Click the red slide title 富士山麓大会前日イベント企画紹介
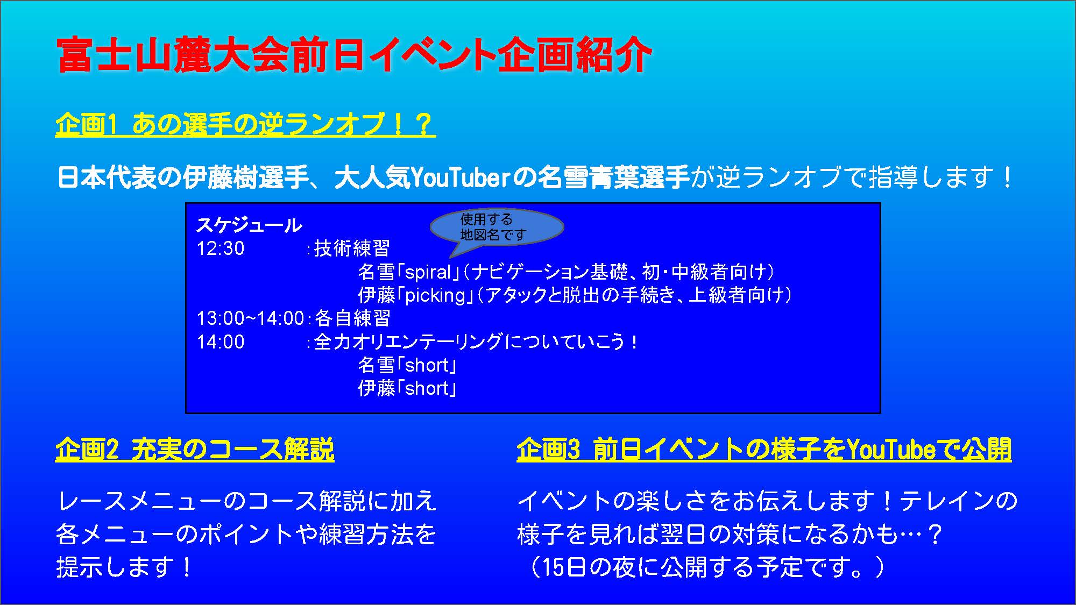[x=355, y=55]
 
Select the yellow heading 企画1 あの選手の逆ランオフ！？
[x=245, y=124]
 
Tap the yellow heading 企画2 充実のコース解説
[x=195, y=450]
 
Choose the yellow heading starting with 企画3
[x=764, y=450]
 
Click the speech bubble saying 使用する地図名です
[x=497, y=227]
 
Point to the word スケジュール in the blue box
[x=249, y=225]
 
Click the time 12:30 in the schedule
[x=221, y=248]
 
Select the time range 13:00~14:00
[x=251, y=318]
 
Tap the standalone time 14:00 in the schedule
[x=221, y=342]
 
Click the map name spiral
[x=428, y=273]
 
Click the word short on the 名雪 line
[x=427, y=366]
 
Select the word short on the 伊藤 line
[x=427, y=389]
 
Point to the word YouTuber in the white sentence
[x=459, y=177]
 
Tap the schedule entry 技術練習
[x=352, y=248]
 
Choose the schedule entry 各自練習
[x=352, y=318]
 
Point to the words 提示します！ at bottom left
[x=124, y=568]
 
